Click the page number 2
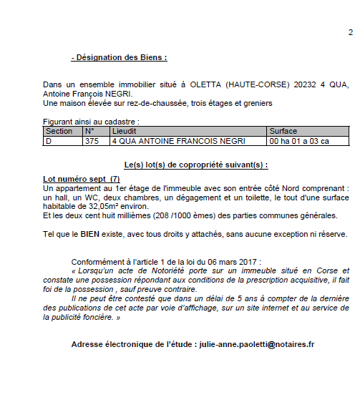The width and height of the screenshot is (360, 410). [x=351, y=32]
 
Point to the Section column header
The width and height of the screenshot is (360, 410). [x=59, y=132]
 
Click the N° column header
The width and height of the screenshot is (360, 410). [x=89, y=132]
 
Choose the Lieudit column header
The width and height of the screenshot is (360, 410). [x=125, y=132]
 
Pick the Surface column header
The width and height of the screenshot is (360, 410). [x=283, y=132]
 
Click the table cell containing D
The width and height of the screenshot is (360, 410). [x=49, y=141]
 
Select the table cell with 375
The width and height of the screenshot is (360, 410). [x=92, y=141]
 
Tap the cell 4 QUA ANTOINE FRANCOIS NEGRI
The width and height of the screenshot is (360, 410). [x=167, y=141]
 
